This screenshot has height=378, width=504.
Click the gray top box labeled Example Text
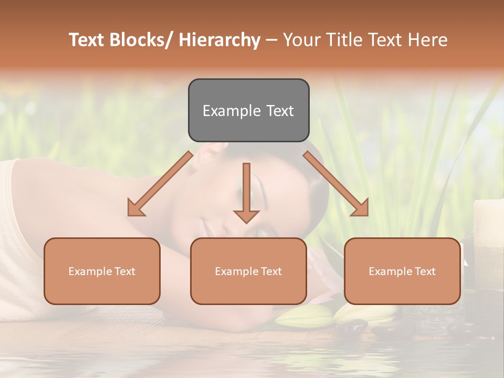click(248, 110)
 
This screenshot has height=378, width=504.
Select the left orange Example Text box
click(102, 271)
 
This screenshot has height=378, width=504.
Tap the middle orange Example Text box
click(248, 271)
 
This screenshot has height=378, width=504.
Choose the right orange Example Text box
click(402, 271)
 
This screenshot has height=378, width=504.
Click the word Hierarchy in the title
click(220, 40)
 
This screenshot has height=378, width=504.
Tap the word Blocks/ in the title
click(142, 40)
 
